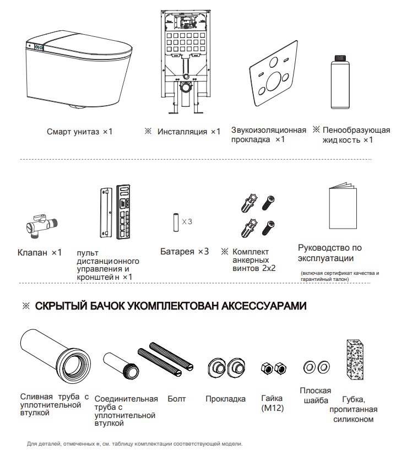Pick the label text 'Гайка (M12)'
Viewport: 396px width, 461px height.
tap(272, 403)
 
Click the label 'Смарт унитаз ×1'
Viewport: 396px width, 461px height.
tap(79, 132)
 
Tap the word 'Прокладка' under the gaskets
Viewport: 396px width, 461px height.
tap(225, 399)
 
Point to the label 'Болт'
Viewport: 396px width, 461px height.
tap(176, 399)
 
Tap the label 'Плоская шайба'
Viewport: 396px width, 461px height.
tap(316, 395)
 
